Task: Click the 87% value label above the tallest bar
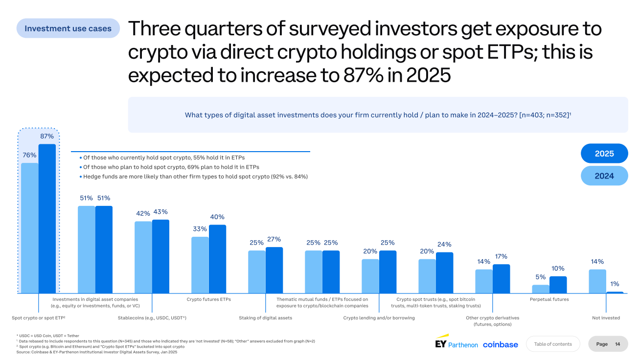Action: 47,136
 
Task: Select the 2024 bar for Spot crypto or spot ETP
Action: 29,227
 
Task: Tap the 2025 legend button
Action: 604,154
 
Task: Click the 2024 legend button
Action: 604,176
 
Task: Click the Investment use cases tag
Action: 68,28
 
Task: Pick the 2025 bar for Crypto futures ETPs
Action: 217,259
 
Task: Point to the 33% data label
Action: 200,229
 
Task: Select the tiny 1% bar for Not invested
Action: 615,292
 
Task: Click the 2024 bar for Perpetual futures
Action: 541,289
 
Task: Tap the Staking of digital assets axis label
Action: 265,318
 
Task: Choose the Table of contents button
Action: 552,344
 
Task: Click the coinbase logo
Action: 500,344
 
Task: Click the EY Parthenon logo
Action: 456,343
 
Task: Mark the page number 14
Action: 617,344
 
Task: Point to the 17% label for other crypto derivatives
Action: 501,256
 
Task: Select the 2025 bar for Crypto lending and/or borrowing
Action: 388,271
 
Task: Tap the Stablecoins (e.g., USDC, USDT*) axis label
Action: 152,318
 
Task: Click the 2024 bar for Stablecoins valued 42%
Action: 143,257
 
